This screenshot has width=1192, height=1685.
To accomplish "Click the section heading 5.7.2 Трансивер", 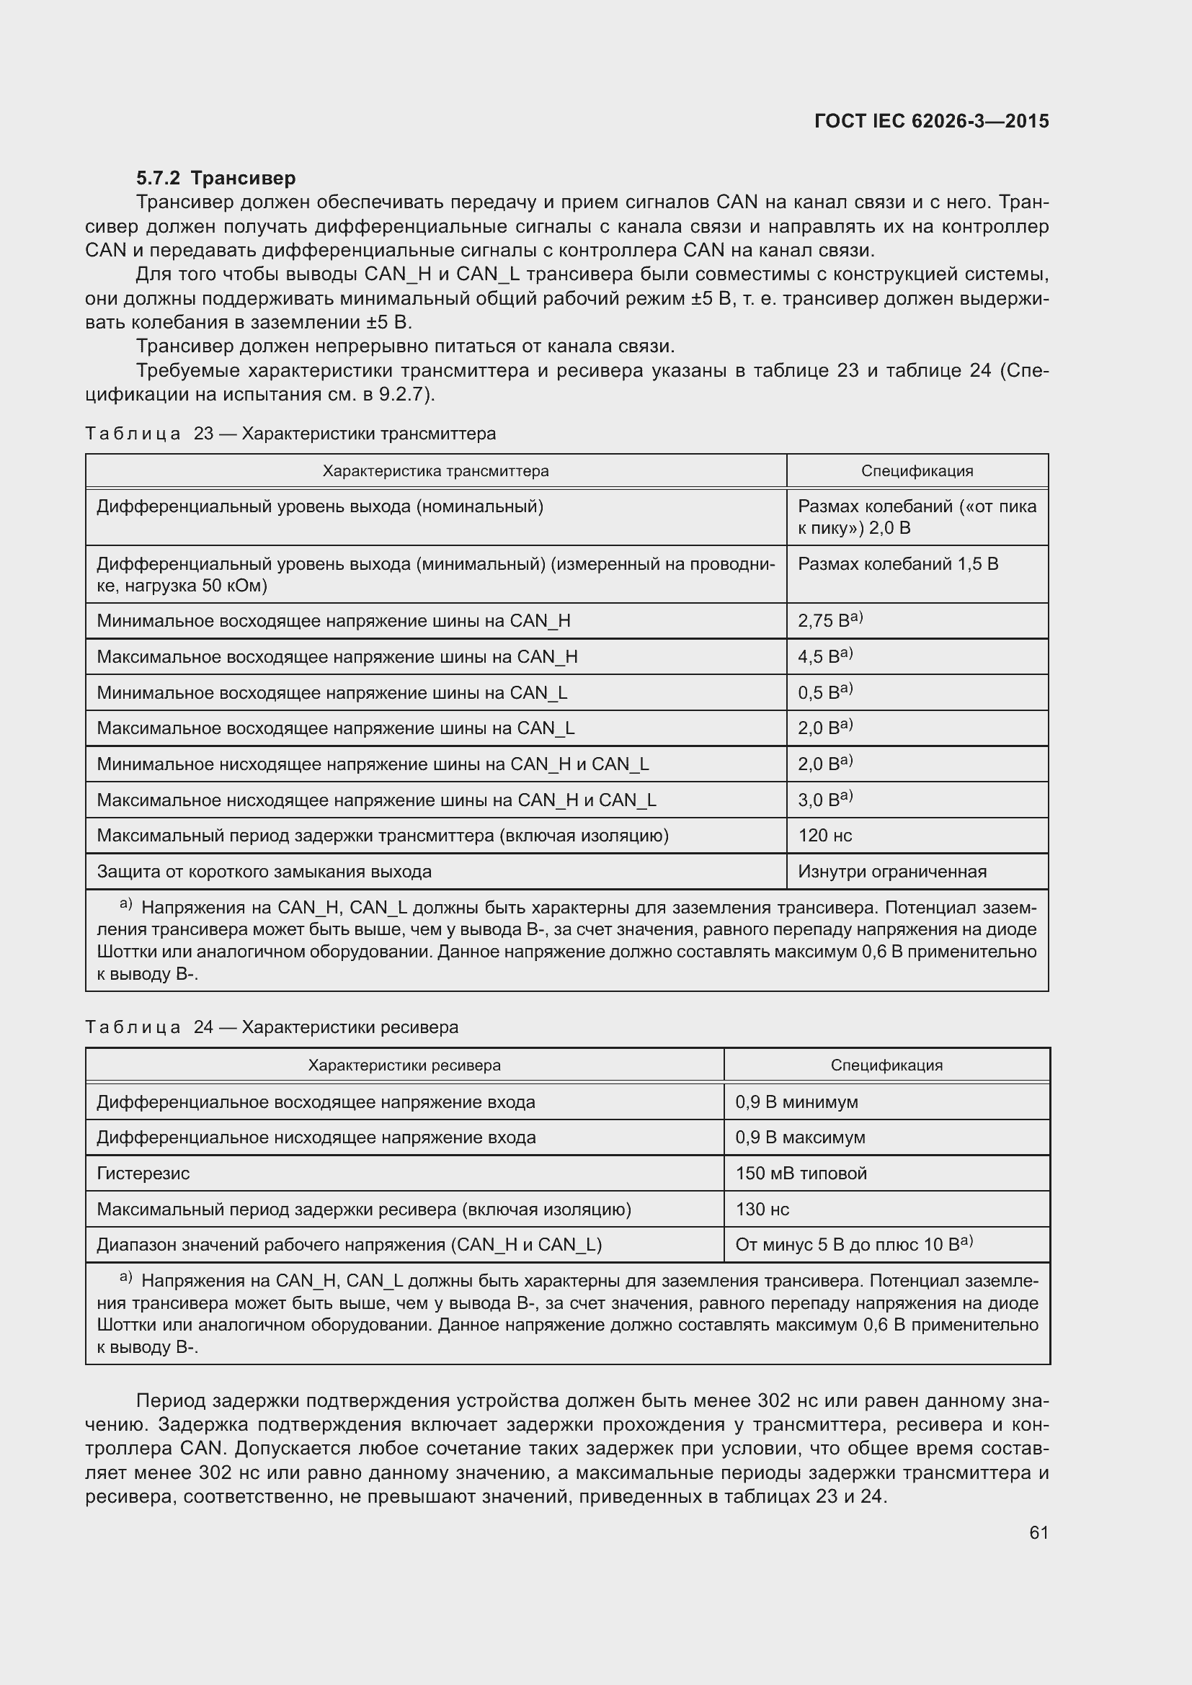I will point(215,178).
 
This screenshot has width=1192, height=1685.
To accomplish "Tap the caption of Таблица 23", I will point(290,434).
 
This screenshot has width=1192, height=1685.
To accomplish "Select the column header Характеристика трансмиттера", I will point(435,471).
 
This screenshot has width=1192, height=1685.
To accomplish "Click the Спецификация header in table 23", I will point(917,471).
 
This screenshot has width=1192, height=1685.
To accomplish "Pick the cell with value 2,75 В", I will point(829,621).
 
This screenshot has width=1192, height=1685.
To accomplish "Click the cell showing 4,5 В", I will point(824,657).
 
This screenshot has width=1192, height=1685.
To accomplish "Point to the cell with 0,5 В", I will point(824,693).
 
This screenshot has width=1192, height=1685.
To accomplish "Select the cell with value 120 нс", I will point(824,835).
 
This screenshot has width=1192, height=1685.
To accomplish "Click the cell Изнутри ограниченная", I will point(891,872).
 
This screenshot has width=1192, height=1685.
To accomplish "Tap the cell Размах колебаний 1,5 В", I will point(897,563).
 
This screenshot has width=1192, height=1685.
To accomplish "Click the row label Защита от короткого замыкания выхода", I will point(264,872).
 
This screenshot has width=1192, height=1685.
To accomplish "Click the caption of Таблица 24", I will point(272,1027).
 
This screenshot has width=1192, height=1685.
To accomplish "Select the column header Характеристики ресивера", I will point(404,1065).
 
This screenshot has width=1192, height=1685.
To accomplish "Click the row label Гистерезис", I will point(143,1173).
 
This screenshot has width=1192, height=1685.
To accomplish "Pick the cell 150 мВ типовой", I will point(801,1173).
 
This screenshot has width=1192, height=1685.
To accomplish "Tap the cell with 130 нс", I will point(762,1209).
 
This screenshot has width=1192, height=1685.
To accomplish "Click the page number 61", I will point(1038,1533).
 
